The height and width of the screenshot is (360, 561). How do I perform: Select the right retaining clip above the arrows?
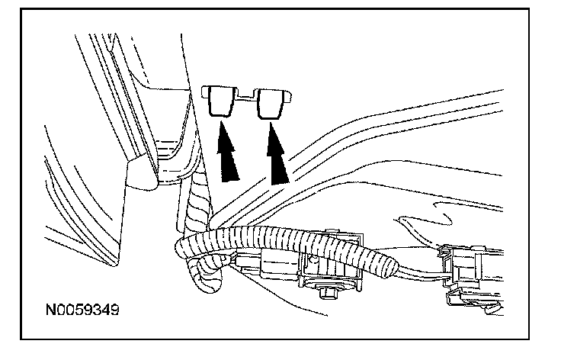pos(271,103)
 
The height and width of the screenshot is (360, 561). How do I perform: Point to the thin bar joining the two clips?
pos(244,97)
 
